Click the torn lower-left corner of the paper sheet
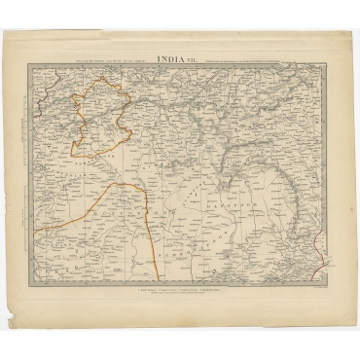click(12, 326)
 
